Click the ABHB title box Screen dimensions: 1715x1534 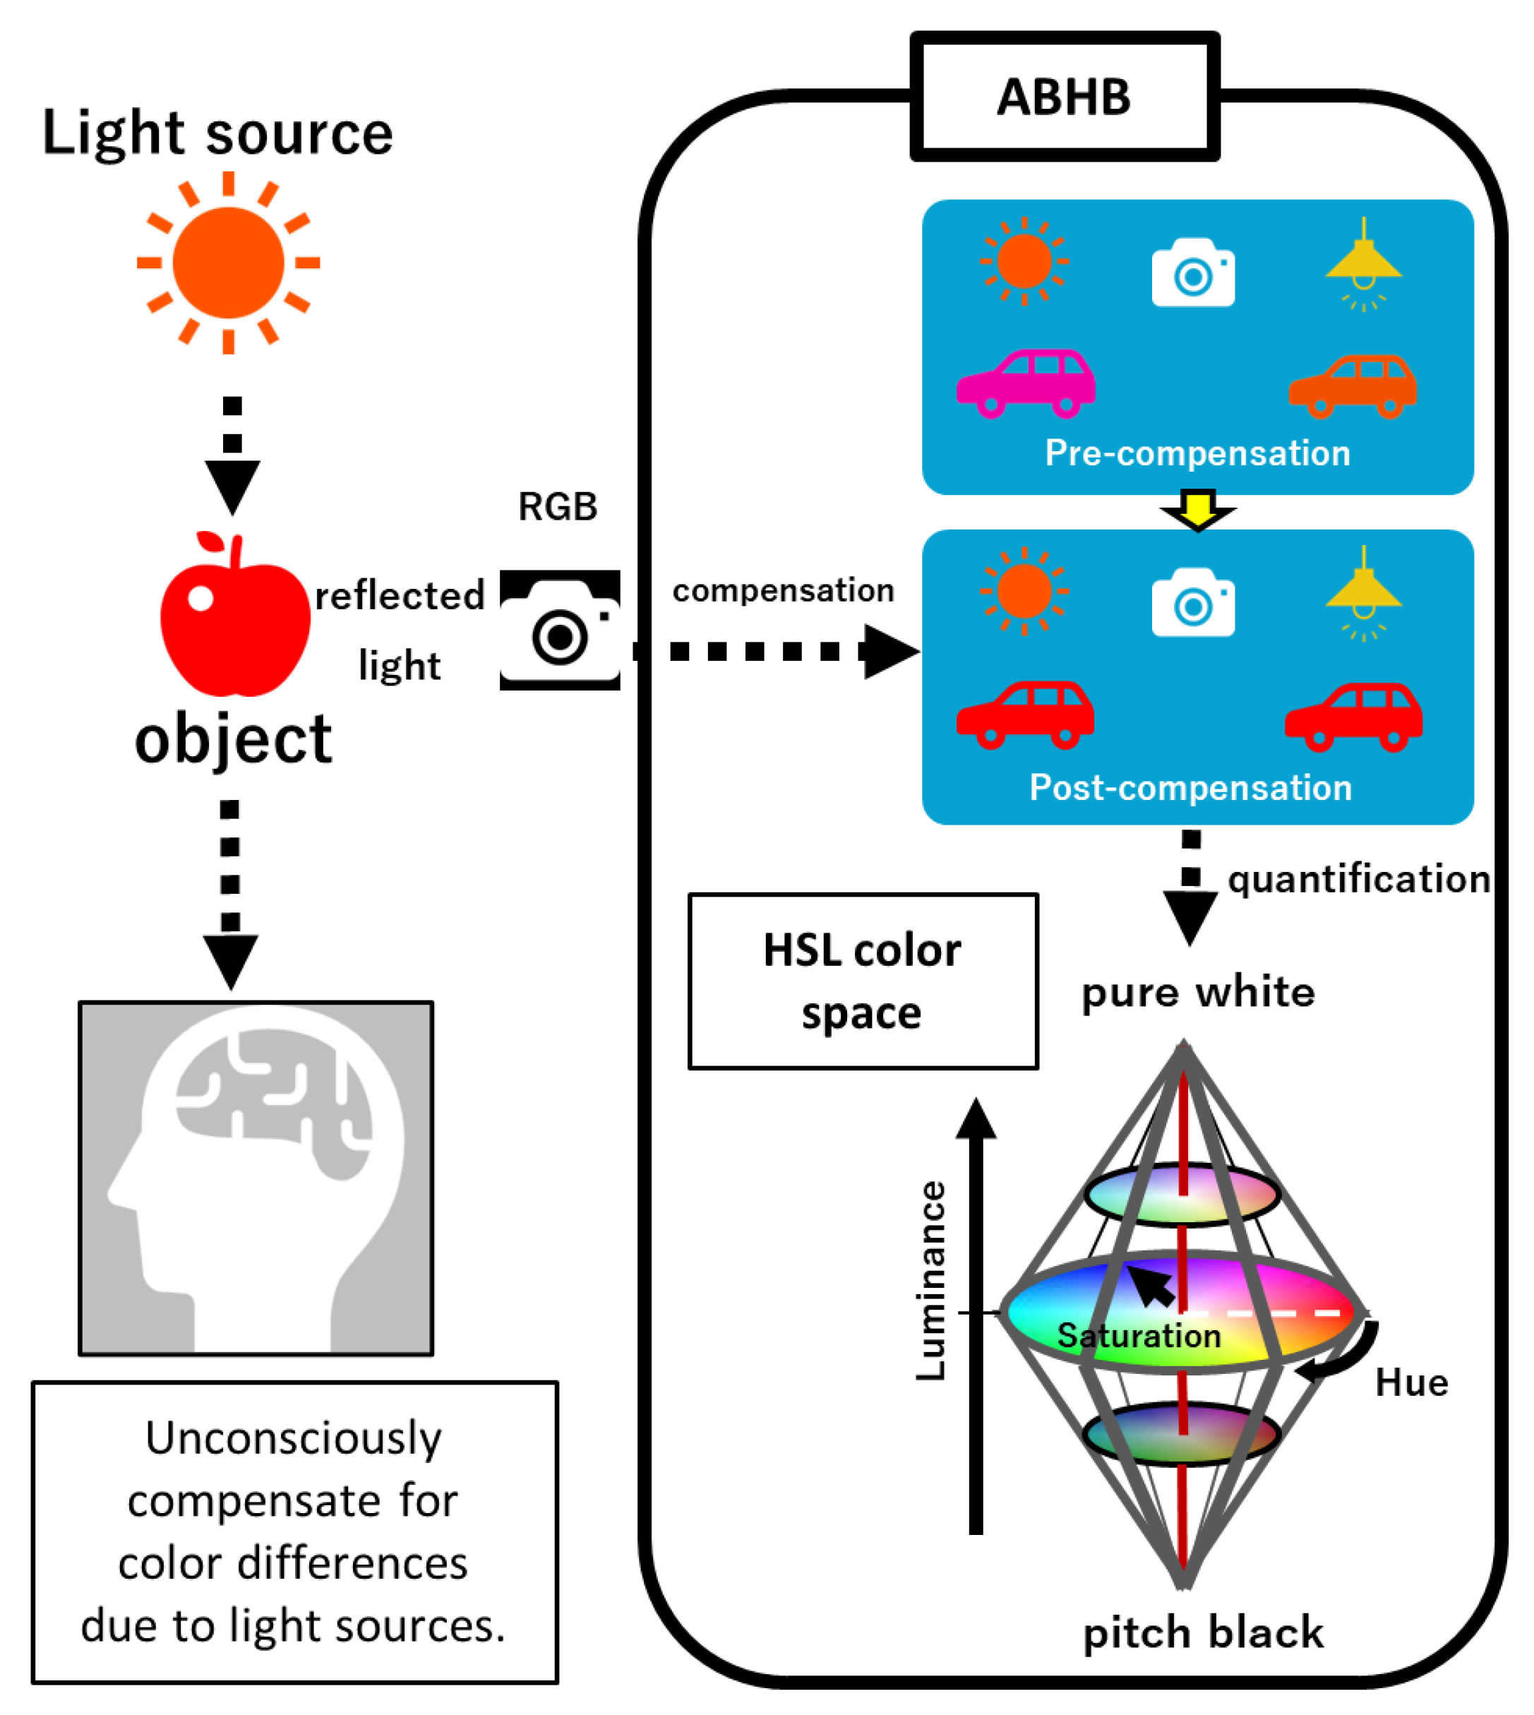1065,97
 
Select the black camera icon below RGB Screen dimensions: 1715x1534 560,630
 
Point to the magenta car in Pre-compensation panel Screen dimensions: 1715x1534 1026,383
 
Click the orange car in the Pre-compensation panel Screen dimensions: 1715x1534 1352,386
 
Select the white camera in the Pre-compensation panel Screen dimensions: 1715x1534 1192,273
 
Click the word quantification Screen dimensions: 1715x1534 1358,880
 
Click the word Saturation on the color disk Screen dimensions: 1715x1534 1139,1337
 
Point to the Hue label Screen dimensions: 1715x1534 1411,1384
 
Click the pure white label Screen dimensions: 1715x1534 1198,993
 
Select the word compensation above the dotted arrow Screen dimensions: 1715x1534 783,591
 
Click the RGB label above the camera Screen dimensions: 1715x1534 557,507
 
